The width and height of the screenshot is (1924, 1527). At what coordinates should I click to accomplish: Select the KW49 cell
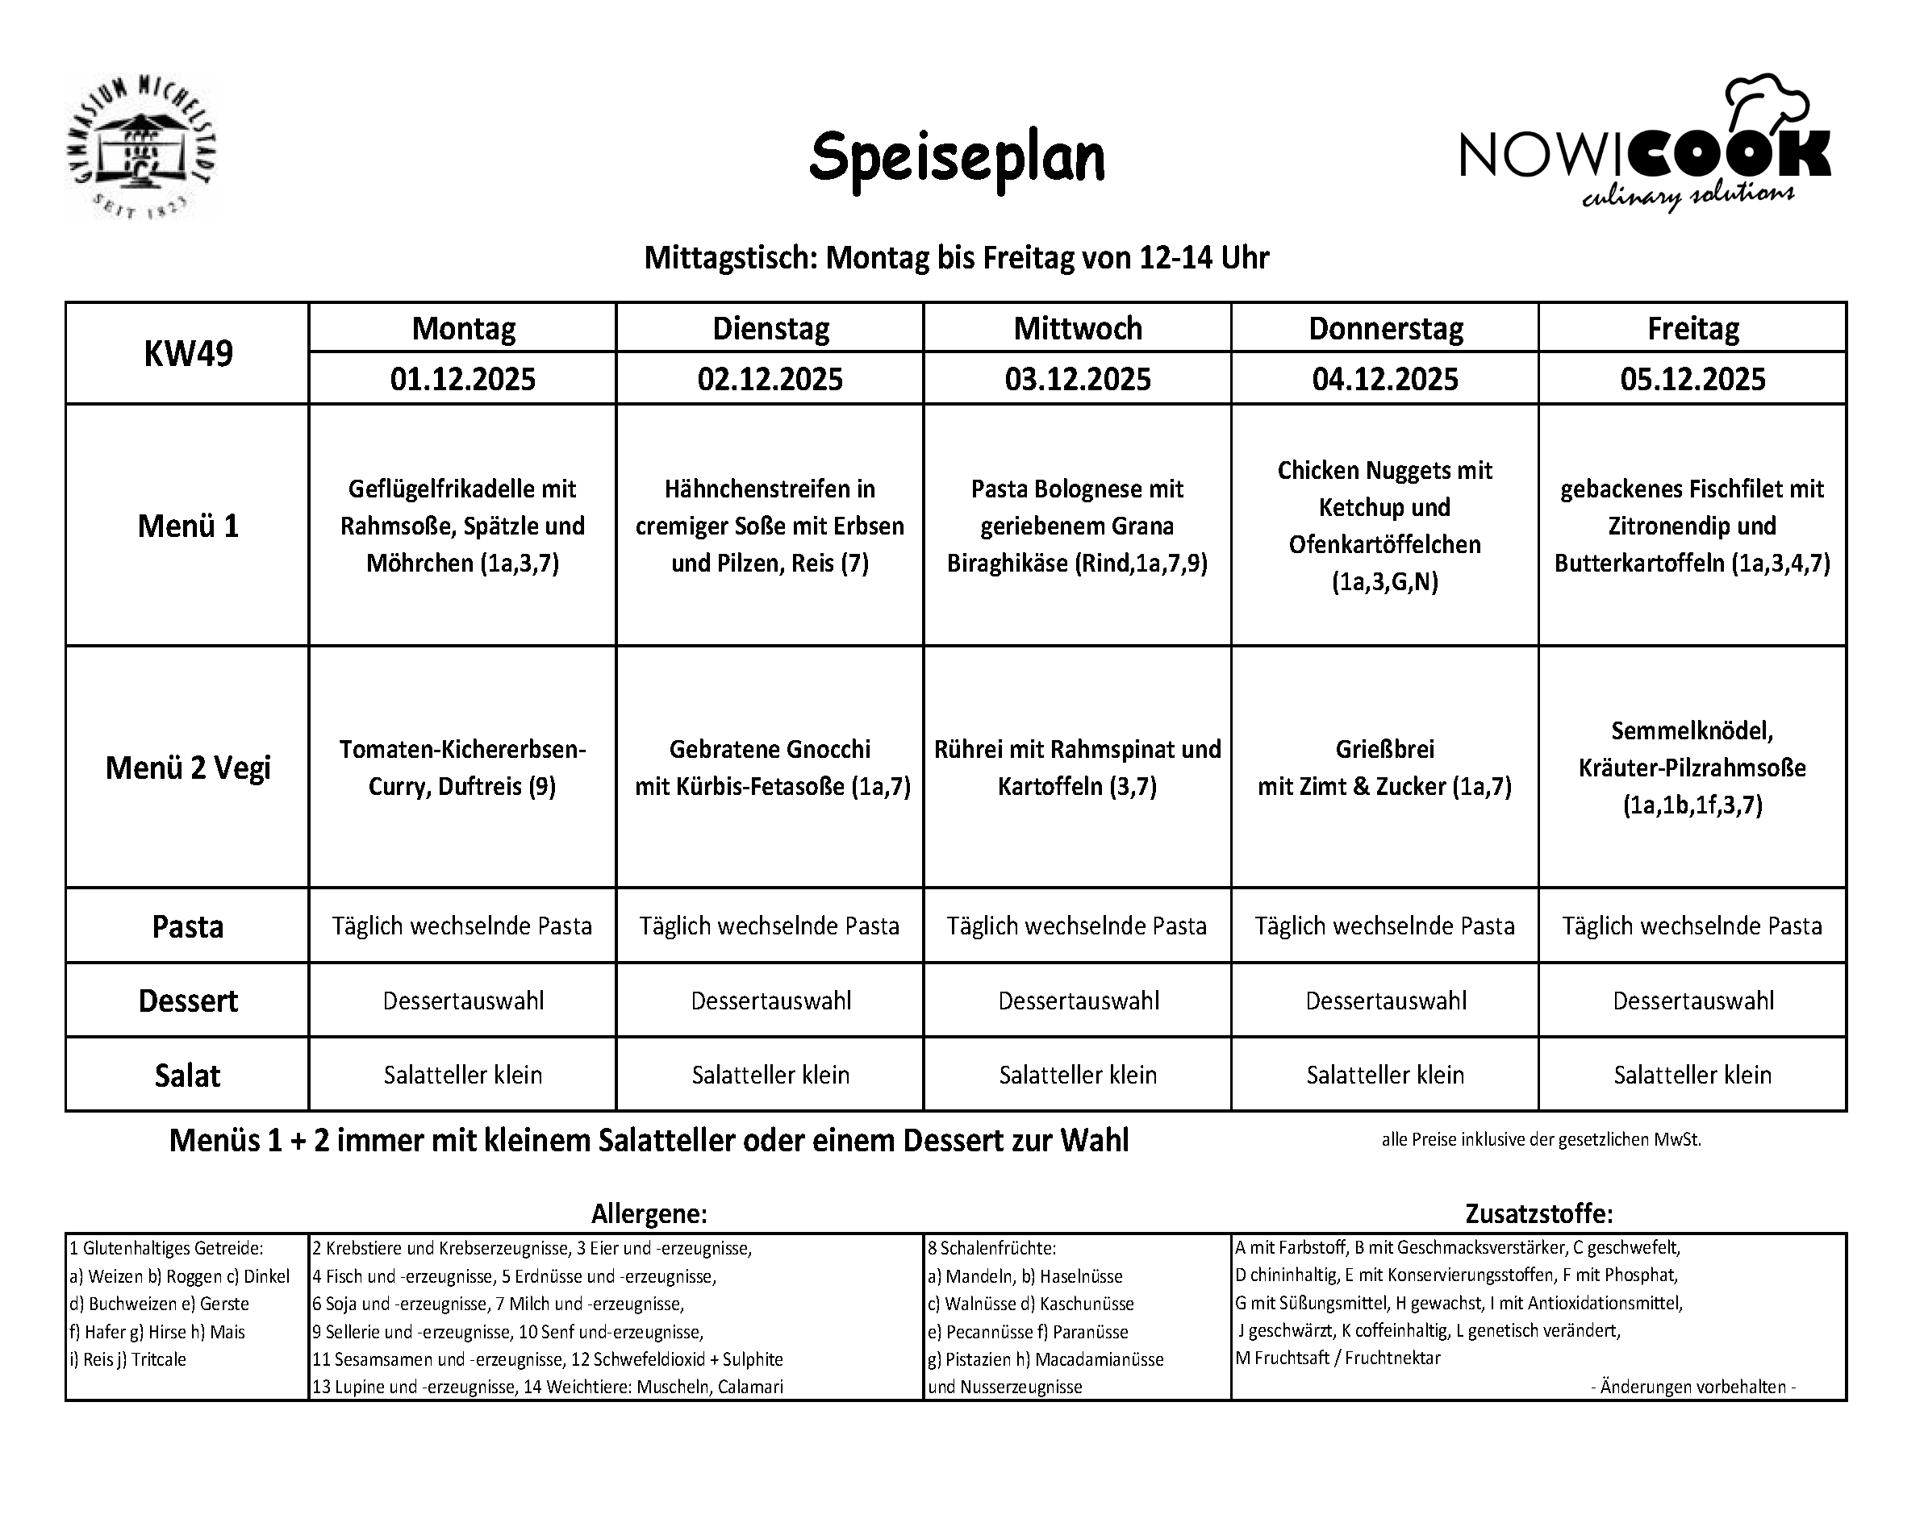pyautogui.click(x=188, y=354)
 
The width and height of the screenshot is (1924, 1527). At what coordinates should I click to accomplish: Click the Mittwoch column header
pyautogui.click(x=1077, y=328)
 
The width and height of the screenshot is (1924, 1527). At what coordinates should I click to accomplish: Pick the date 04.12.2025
pyautogui.click(x=1385, y=379)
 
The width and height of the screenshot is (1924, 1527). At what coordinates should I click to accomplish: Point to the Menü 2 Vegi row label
pyautogui.click(x=188, y=767)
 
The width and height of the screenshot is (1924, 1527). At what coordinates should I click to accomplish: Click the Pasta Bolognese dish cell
pyautogui.click(x=1077, y=526)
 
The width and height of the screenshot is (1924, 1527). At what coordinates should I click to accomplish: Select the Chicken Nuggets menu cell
pyautogui.click(x=1385, y=526)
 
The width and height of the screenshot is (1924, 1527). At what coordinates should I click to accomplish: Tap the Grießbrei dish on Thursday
pyautogui.click(x=1385, y=767)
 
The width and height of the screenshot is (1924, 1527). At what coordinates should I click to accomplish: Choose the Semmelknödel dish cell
pyautogui.click(x=1692, y=767)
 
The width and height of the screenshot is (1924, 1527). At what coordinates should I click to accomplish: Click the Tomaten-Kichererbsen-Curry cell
pyautogui.click(x=462, y=767)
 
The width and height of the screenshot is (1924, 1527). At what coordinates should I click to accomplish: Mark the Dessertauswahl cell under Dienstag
pyautogui.click(x=771, y=1001)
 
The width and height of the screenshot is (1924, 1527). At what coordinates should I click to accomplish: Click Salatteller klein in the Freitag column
pyautogui.click(x=1692, y=1075)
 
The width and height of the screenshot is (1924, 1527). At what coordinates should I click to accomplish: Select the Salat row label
pyautogui.click(x=187, y=1076)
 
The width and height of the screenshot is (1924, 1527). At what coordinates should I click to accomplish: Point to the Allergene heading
pyautogui.click(x=649, y=1214)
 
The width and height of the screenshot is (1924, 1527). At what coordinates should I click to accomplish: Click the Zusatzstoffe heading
pyautogui.click(x=1538, y=1214)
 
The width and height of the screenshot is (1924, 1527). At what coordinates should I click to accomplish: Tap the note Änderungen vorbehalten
pyautogui.click(x=1692, y=1387)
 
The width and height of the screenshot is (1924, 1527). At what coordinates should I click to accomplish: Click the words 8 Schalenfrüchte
pyautogui.click(x=991, y=1249)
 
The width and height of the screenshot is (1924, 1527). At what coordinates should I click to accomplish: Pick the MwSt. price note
pyautogui.click(x=1541, y=1140)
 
